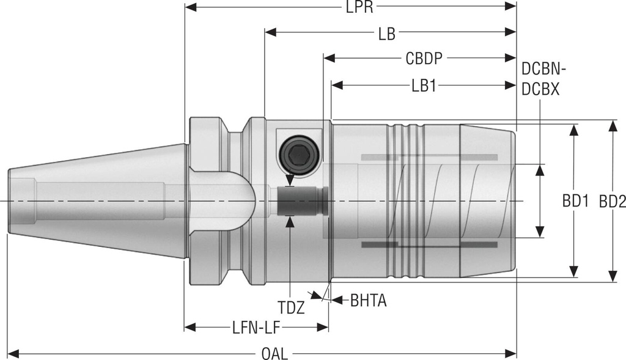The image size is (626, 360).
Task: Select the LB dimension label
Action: (x=386, y=34)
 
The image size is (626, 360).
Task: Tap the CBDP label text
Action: (x=424, y=59)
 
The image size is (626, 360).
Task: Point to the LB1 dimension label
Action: (x=423, y=86)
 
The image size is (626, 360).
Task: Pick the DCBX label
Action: (x=540, y=89)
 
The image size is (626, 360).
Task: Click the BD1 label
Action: (x=575, y=201)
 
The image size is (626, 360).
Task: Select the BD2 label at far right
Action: (x=612, y=201)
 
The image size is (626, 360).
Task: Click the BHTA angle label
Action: (x=369, y=300)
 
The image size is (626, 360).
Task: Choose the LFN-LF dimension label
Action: (x=256, y=328)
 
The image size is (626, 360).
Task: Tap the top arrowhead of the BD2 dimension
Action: (x=612, y=125)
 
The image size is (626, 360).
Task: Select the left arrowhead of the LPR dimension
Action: (x=190, y=8)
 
